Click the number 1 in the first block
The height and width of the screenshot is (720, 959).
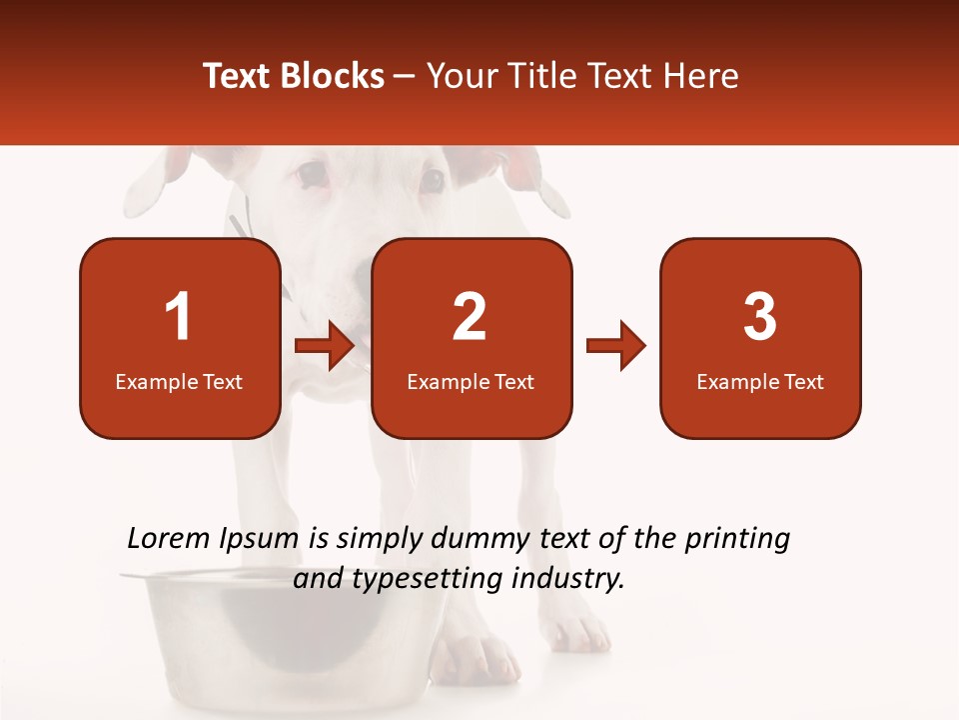(178, 317)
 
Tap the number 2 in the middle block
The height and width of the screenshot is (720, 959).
(470, 317)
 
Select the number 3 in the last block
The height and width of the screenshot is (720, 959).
(759, 317)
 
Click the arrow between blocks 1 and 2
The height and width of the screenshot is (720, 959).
(325, 346)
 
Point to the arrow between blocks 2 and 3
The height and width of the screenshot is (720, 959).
(616, 346)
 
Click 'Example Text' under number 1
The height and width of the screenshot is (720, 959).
(179, 382)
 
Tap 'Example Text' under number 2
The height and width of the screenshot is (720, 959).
(471, 382)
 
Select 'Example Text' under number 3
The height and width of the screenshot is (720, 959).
(760, 382)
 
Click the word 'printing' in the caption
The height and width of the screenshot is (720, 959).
(736, 539)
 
